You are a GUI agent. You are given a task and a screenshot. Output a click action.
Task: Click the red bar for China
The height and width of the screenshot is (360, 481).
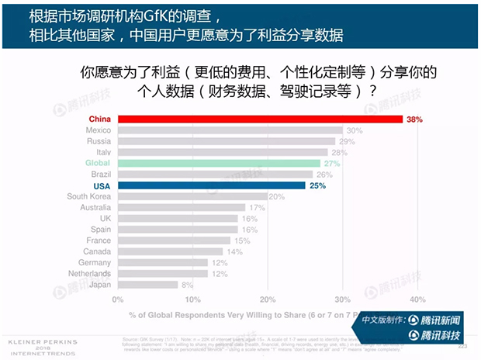(x=260, y=119)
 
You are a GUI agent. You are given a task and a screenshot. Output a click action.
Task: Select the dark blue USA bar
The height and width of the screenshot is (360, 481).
(x=211, y=185)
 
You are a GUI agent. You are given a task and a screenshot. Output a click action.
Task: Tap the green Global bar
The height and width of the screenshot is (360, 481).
(x=219, y=164)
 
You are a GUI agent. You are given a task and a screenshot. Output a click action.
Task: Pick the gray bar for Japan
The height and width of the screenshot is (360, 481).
(x=147, y=285)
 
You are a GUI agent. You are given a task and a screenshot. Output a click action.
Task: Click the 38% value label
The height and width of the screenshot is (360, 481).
(x=415, y=119)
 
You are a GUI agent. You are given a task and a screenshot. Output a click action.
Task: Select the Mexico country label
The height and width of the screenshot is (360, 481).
(x=98, y=130)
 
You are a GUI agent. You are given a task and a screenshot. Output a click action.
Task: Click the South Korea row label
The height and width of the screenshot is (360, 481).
(x=88, y=197)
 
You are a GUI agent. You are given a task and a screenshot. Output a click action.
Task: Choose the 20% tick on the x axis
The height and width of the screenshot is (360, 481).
(x=268, y=299)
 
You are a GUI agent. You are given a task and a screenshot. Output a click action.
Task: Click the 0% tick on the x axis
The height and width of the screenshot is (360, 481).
(x=119, y=299)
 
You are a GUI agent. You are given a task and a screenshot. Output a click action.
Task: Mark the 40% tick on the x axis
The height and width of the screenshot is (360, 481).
(x=417, y=299)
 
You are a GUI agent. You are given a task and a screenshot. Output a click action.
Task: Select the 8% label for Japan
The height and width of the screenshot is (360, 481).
(x=187, y=285)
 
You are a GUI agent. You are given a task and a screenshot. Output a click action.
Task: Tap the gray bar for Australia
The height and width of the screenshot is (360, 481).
(x=182, y=208)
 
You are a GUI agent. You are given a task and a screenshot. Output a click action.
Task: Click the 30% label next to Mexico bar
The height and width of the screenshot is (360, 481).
(x=355, y=130)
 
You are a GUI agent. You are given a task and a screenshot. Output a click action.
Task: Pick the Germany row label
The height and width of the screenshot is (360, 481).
(x=95, y=263)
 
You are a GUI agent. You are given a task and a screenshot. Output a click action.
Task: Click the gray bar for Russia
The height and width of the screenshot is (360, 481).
(x=227, y=141)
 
